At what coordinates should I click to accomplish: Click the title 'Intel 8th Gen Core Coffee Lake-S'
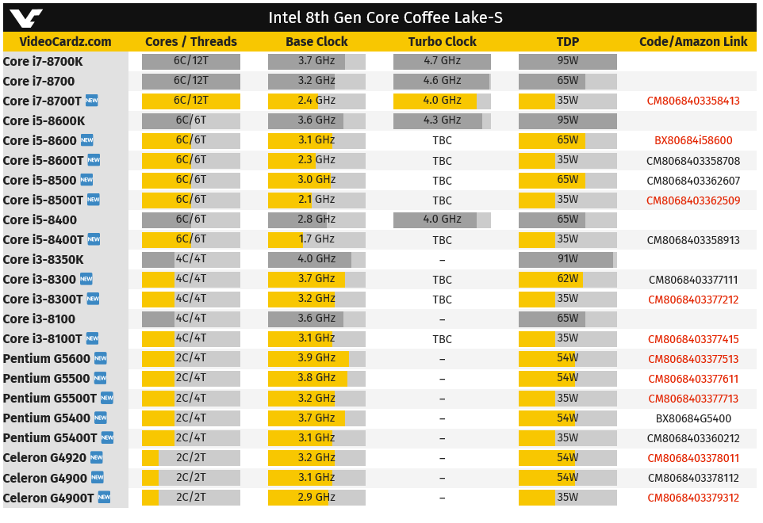[x=385, y=17]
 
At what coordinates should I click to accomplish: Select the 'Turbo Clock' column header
[x=442, y=42]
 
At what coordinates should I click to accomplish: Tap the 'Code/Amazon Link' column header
[x=693, y=42]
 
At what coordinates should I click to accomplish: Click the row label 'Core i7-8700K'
[x=43, y=61]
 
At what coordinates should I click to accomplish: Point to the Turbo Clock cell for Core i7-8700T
[x=442, y=101]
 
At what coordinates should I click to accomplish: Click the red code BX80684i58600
[x=693, y=140]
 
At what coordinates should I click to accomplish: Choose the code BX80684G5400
[x=693, y=418]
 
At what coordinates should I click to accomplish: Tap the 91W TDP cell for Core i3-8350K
[x=567, y=259]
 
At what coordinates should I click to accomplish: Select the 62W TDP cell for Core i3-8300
[x=567, y=279]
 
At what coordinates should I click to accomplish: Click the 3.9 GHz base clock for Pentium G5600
[x=316, y=358]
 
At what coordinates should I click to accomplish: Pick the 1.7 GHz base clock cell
[x=316, y=239]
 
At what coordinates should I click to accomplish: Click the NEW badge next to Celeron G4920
[x=96, y=457]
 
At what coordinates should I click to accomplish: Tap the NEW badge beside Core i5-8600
[x=86, y=140]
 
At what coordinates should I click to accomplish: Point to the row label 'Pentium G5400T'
[x=50, y=438]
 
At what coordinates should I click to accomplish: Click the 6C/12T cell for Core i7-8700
[x=190, y=81]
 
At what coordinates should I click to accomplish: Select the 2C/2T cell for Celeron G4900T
[x=190, y=498]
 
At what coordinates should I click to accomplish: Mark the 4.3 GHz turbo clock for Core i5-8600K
[x=442, y=120]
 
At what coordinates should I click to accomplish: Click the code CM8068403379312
[x=693, y=498]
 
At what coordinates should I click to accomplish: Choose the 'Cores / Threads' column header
[x=190, y=42]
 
